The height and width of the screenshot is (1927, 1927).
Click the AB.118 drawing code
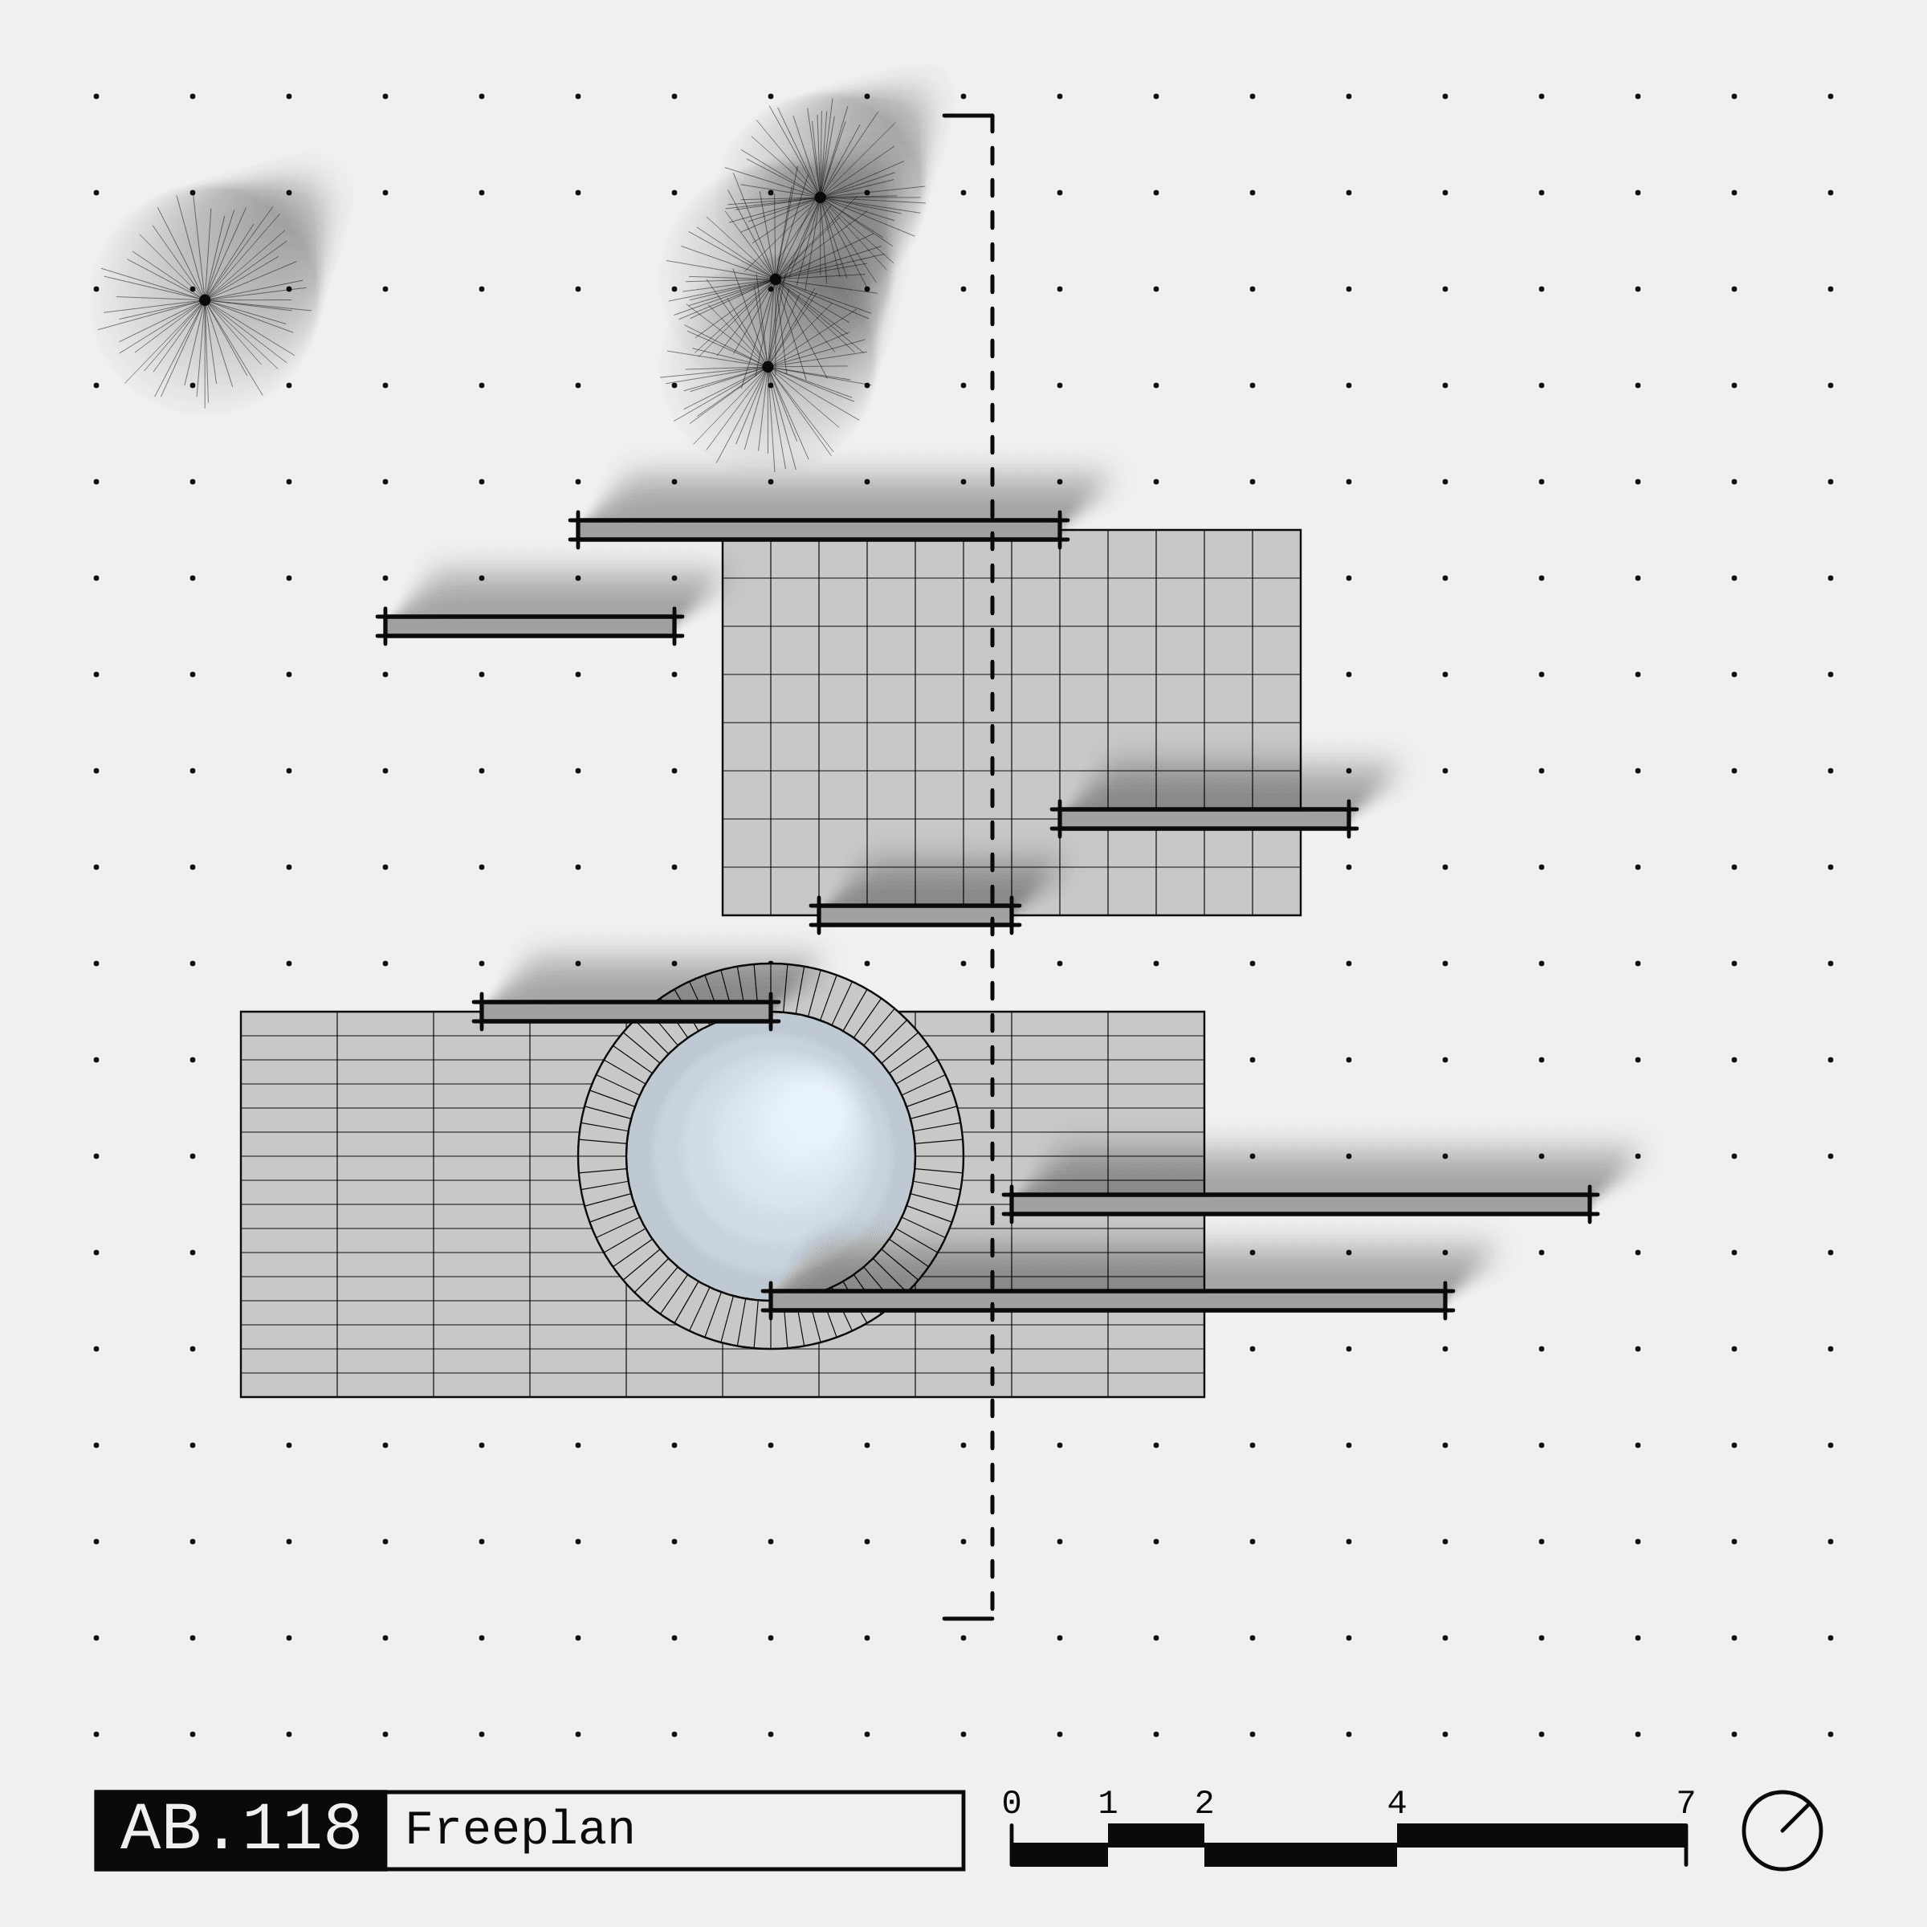[240, 1828]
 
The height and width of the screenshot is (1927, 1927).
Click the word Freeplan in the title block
[519, 1829]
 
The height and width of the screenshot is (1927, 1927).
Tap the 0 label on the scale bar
[1012, 1803]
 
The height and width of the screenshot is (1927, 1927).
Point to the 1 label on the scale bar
[1107, 1803]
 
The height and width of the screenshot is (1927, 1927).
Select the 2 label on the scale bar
[1204, 1803]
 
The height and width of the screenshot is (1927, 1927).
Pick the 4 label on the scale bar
[1396, 1803]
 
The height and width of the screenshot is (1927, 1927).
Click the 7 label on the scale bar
[1685, 1803]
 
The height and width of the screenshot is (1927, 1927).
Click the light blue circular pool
[771, 1156]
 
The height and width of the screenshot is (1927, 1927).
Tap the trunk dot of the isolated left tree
[205, 300]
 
